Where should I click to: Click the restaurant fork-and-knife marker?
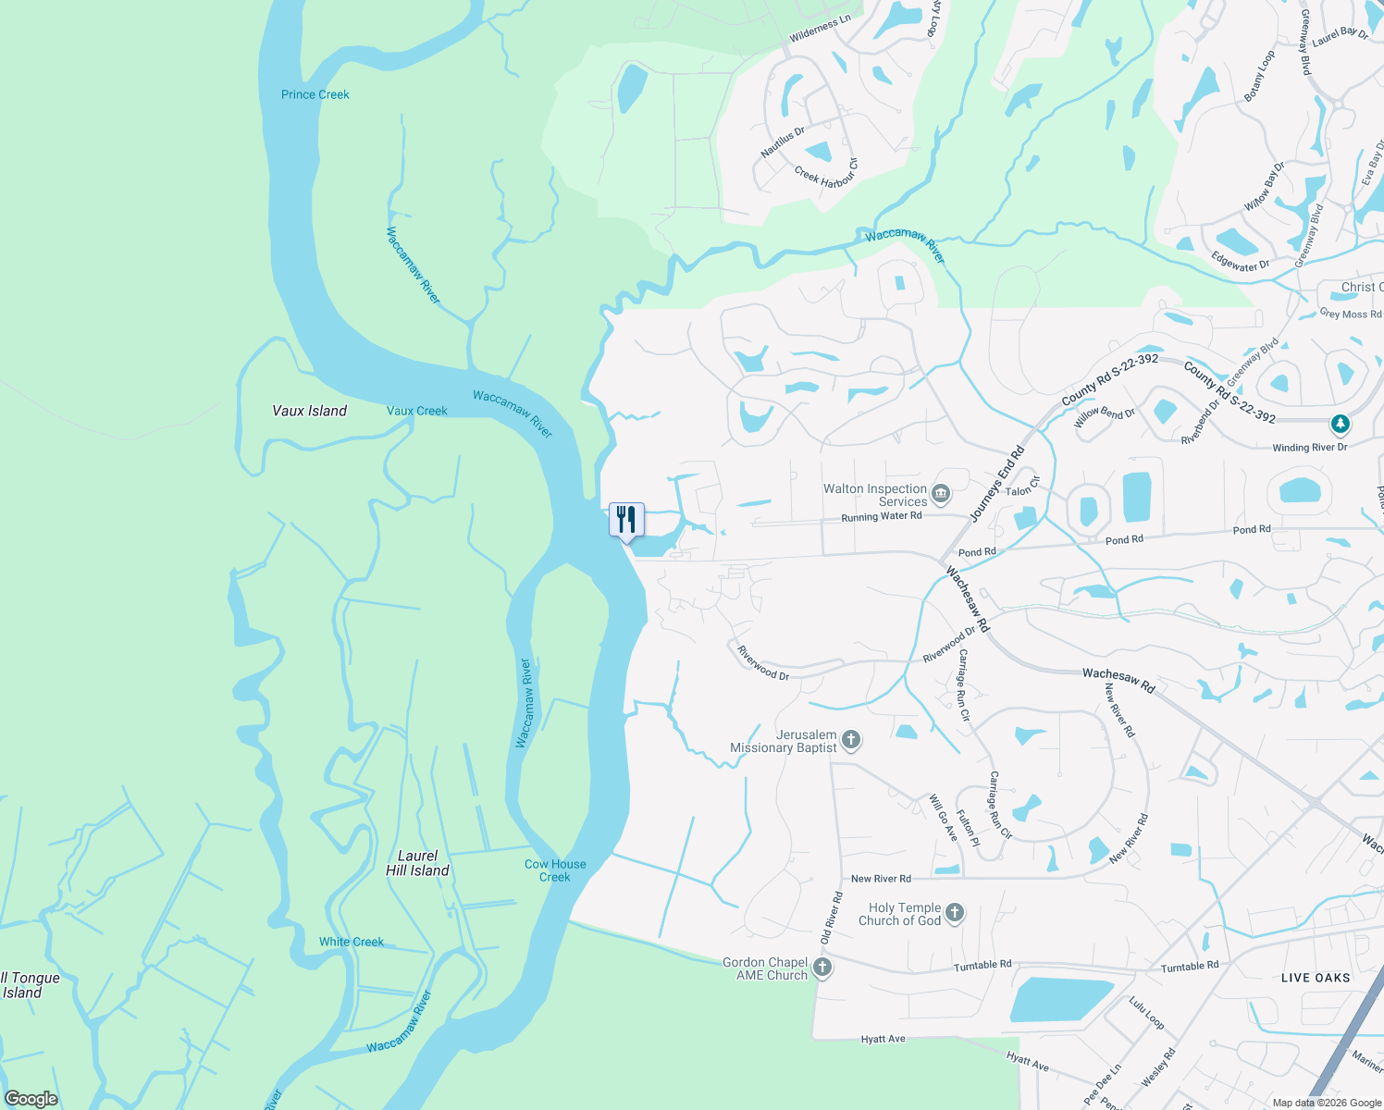pyautogui.click(x=626, y=520)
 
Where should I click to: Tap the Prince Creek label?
pyautogui.click(x=315, y=94)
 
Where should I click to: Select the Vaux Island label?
pyautogui.click(x=309, y=411)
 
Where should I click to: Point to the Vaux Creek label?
pyautogui.click(x=416, y=411)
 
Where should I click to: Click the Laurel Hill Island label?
pyautogui.click(x=417, y=863)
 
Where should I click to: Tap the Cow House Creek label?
pyautogui.click(x=555, y=870)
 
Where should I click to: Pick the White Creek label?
pyautogui.click(x=352, y=942)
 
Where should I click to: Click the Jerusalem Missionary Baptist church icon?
pyautogui.click(x=851, y=740)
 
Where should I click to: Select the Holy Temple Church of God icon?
pyautogui.click(x=955, y=914)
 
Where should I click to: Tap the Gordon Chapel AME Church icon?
pyautogui.click(x=822, y=968)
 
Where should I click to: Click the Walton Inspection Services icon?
pyautogui.click(x=941, y=494)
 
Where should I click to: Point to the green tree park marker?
pyautogui.click(x=1340, y=424)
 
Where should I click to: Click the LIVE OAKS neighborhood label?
pyautogui.click(x=1316, y=978)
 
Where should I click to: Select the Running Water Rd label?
pyautogui.click(x=881, y=517)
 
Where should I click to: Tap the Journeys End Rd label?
pyautogui.click(x=997, y=483)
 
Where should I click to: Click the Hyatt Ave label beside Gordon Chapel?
pyautogui.click(x=883, y=1039)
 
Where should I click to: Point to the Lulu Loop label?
pyautogui.click(x=1146, y=1013)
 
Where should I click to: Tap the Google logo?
pyautogui.click(x=31, y=1099)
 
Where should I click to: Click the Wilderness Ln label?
pyautogui.click(x=819, y=30)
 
